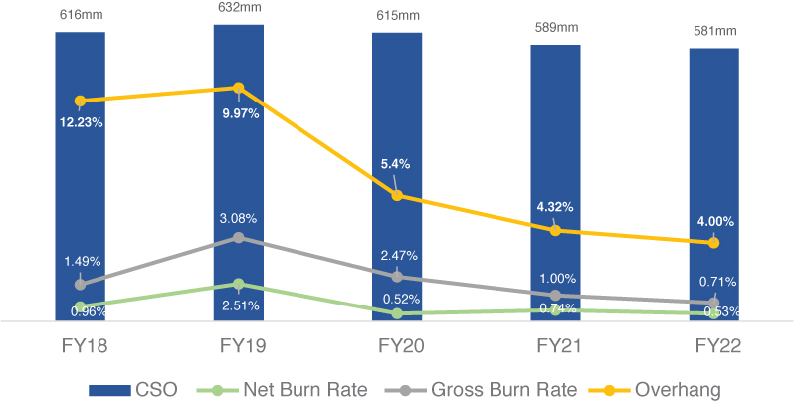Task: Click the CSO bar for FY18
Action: tap(80, 199)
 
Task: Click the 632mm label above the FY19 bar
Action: tap(238, 8)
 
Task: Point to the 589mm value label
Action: tap(555, 27)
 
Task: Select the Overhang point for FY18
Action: tap(80, 101)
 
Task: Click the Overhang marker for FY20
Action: tap(397, 195)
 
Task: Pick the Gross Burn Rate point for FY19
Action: tap(238, 237)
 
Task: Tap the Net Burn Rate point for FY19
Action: tap(238, 284)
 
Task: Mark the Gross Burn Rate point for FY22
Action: tap(713, 302)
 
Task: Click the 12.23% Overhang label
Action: tap(81, 122)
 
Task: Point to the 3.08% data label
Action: tap(238, 217)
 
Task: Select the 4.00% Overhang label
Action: tap(713, 222)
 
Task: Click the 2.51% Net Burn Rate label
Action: tap(238, 305)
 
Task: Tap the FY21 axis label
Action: tap(555, 347)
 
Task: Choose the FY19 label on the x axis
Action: tap(238, 347)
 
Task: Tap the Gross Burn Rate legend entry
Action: tap(478, 388)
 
